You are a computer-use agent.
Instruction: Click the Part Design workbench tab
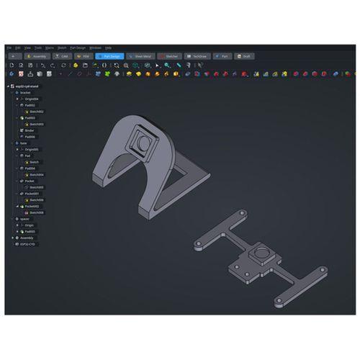tap(110, 55)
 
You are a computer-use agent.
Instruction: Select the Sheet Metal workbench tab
tap(141, 55)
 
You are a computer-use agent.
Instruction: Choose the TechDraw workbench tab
tap(197, 55)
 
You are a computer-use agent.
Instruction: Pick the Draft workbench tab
tap(246, 55)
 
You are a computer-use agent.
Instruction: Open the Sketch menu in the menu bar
tap(62, 48)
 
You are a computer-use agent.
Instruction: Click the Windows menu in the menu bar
tap(95, 48)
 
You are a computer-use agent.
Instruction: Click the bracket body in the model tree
tap(26, 92)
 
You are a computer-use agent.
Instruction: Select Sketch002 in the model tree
tap(35, 112)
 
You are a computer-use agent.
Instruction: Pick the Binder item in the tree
tap(30, 130)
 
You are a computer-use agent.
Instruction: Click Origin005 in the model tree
tap(32, 149)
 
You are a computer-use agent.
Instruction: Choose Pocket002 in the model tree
tap(32, 206)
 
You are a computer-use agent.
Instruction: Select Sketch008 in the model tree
tap(35, 212)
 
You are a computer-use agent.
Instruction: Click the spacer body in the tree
tap(24, 219)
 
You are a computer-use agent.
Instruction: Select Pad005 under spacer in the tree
tap(30, 231)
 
